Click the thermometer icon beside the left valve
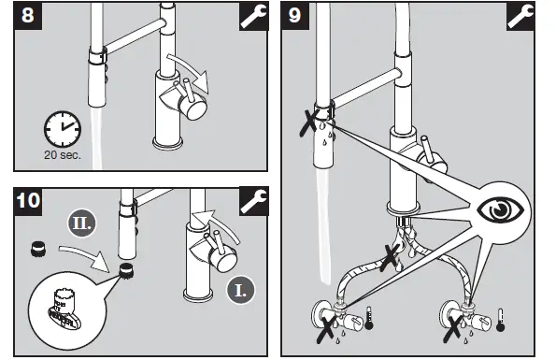pyautogui.click(x=372, y=317)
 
